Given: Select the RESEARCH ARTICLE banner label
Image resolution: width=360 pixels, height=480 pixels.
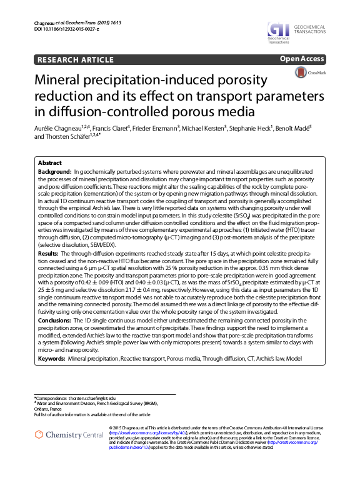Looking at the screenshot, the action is pyautogui.click(x=76, y=60).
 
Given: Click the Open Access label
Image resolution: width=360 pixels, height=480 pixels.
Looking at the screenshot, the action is pyautogui.click(x=302, y=59).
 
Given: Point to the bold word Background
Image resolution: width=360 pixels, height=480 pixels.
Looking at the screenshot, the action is pyautogui.click(x=54, y=170).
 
